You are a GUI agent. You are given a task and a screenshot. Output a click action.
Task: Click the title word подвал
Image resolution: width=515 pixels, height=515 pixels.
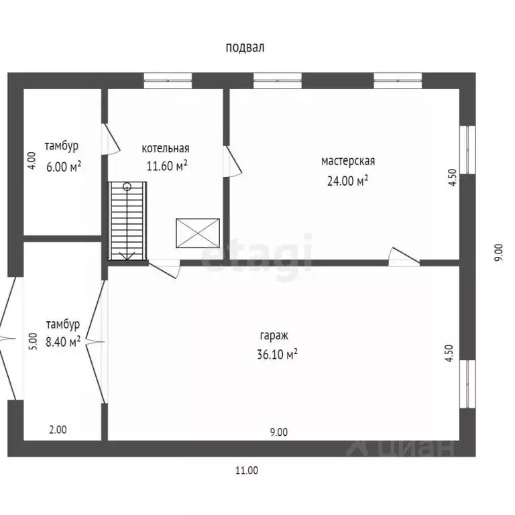coord(245,48)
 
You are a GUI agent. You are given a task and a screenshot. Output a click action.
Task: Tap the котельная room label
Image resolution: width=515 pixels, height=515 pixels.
coord(166,148)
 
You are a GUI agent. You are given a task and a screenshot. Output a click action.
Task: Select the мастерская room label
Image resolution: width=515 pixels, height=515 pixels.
coord(348,161)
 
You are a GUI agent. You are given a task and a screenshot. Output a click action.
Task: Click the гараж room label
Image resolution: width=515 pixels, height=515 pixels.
coord(274,336)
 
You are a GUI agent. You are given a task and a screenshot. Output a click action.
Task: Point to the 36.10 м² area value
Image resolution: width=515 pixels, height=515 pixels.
coord(277,354)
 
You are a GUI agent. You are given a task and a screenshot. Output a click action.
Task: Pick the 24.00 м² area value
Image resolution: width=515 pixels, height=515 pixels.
coord(347,180)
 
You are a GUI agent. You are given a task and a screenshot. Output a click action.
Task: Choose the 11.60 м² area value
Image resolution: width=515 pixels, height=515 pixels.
coord(167,166)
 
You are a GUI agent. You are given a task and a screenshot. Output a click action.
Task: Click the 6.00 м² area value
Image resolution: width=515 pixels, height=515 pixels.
coord(64,166)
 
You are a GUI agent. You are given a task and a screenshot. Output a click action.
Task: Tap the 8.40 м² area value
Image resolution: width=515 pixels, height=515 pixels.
coord(63,342)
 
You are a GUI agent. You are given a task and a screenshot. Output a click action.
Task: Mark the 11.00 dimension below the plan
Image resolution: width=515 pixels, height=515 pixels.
coord(247,471)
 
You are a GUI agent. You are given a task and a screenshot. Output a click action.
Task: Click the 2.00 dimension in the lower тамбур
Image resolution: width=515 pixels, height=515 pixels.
coord(58,430)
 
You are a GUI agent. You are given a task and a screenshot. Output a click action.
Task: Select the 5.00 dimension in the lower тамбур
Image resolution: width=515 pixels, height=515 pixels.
coord(33,341)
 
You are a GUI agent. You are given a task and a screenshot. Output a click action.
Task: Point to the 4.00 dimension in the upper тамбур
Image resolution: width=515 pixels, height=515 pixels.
coord(32,161)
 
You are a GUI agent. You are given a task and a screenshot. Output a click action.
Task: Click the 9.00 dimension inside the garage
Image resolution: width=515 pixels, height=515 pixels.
coord(279,433)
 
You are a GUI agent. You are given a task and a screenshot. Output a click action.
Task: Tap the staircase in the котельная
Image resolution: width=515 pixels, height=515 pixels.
coord(127,221)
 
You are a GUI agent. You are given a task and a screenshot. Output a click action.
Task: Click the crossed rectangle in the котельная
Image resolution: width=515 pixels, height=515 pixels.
coord(198,233)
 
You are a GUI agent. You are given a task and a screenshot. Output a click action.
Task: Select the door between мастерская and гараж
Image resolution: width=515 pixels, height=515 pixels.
coord(404,256)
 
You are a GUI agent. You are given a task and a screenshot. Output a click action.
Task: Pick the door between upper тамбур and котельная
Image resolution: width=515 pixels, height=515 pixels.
coord(111,139)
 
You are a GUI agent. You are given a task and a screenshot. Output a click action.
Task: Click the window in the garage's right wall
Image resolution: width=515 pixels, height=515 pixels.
coord(467,384)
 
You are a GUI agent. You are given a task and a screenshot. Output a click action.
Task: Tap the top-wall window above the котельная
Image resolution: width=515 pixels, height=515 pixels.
coord(168,80)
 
